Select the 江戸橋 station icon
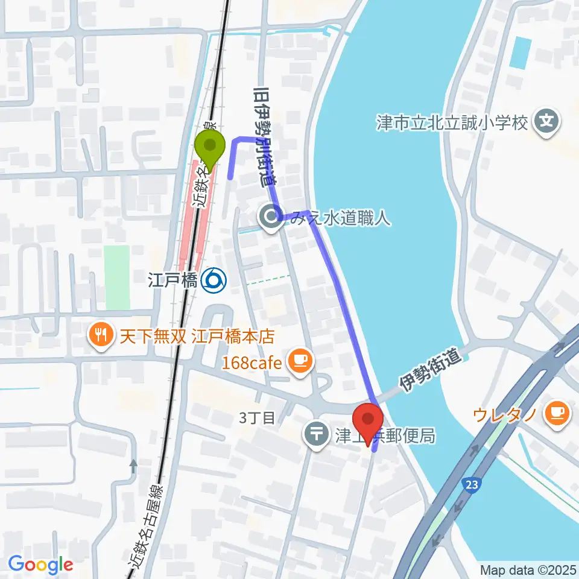(214, 280)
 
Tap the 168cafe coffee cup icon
(300, 362)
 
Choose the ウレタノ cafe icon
(554, 414)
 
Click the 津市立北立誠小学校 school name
(452, 124)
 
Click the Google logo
(41, 565)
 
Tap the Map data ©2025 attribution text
(528, 570)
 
